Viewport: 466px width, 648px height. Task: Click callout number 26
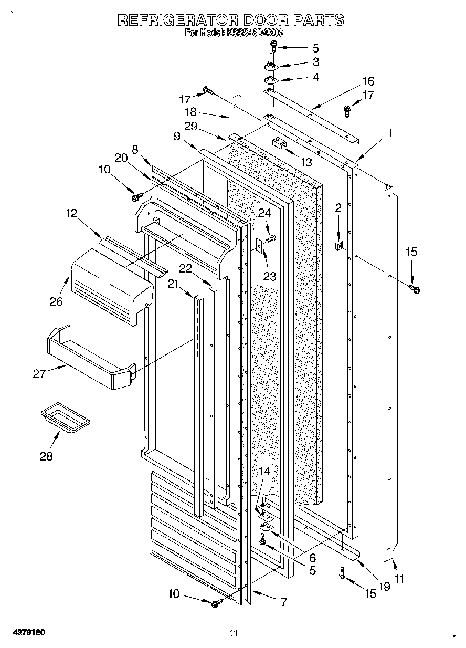[x=56, y=301]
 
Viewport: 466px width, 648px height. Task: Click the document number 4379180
[x=26, y=633]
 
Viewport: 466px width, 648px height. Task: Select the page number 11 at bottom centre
[x=234, y=633]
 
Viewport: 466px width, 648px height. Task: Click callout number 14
[x=264, y=472]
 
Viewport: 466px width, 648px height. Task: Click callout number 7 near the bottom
[x=283, y=602]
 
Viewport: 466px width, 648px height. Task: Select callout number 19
[x=384, y=587]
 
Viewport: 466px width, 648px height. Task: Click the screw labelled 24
[x=270, y=239]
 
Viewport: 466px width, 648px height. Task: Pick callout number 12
[x=71, y=213]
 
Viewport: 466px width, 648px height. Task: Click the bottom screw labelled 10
[x=215, y=604]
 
